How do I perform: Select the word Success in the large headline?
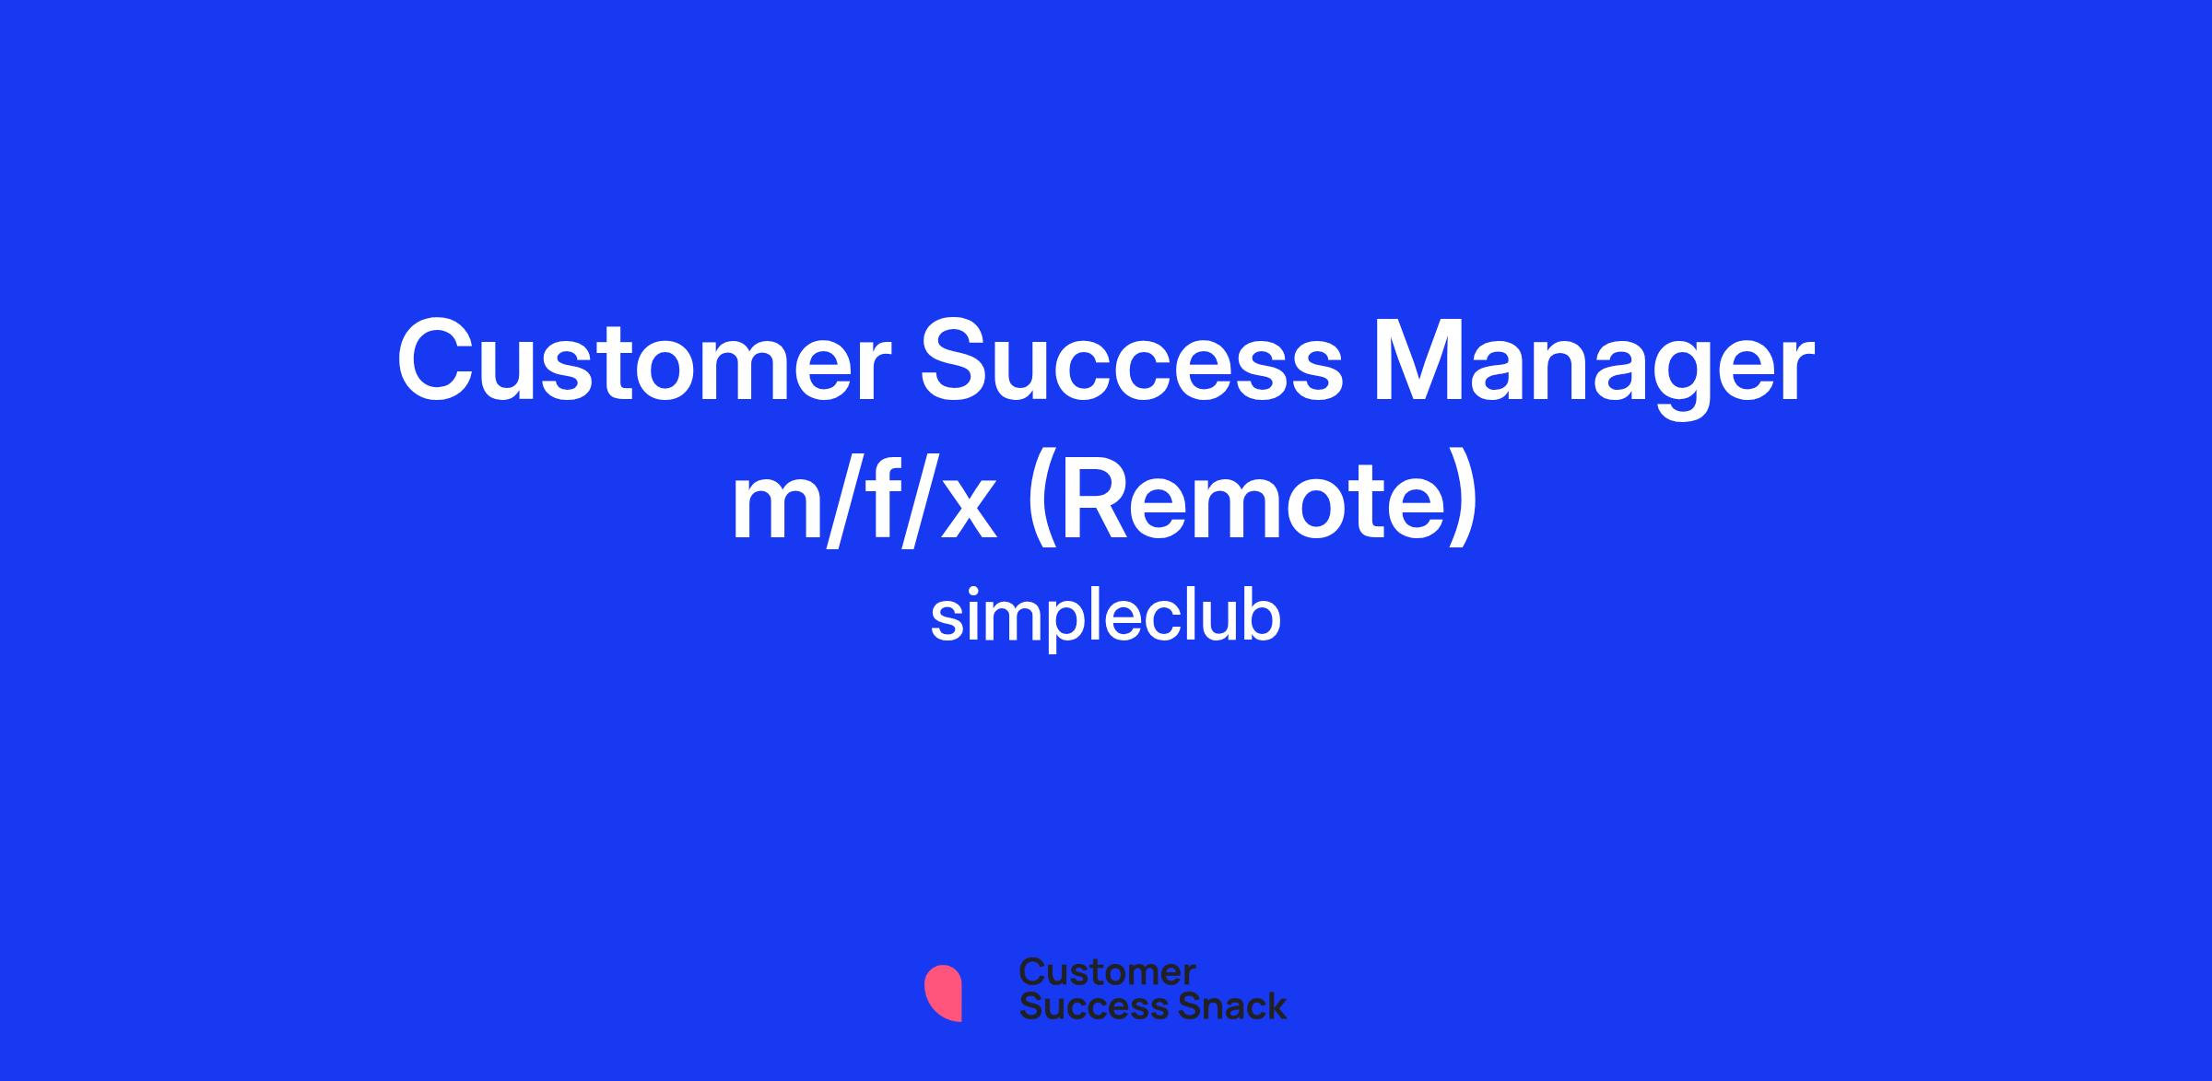[x=1133, y=361]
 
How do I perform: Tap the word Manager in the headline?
[x=1594, y=369]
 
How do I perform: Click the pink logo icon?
[x=943, y=993]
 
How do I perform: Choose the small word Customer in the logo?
[x=1107, y=972]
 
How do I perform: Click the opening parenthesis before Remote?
[x=1041, y=505]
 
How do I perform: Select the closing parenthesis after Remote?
[x=1464, y=505]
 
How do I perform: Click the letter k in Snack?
[x=1275, y=1005]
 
